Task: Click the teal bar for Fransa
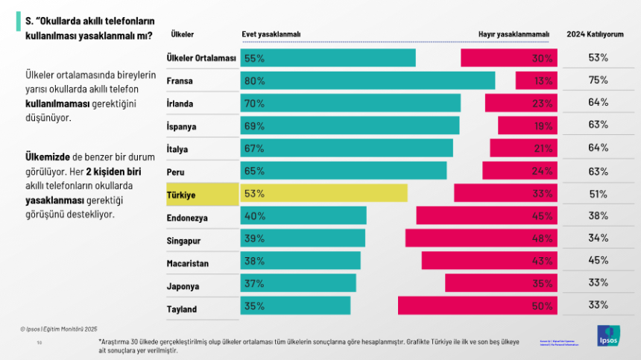367,80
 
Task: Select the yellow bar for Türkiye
323,193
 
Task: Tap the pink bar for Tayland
477,306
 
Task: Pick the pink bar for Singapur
481,239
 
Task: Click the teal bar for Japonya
298,283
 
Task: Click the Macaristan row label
188,263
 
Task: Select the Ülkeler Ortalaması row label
200,58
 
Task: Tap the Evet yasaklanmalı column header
271,34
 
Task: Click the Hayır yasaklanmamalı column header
514,34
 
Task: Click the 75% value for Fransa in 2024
599,80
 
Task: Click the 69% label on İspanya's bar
254,126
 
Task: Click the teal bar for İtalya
347,148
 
